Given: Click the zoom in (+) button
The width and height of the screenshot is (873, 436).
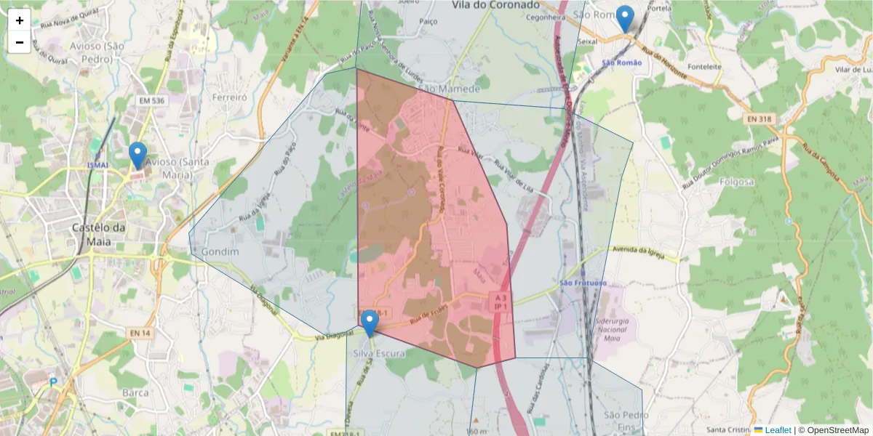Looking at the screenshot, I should pos(20,20).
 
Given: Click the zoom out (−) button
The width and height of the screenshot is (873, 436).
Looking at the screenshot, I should pos(20,42).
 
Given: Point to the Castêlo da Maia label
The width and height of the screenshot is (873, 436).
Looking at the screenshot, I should pos(99,234).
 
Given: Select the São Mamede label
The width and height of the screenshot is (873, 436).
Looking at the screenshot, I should pos(449,89).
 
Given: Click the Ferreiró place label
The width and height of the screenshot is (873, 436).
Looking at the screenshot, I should pos(230,97).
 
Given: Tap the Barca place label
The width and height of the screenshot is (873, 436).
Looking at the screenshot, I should pos(135,392).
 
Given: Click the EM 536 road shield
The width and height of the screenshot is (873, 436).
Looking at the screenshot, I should pos(152,100).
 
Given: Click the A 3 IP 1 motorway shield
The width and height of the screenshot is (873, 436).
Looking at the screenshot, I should pos(500,302).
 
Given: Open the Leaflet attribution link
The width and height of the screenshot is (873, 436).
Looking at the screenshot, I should pos(777,430).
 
